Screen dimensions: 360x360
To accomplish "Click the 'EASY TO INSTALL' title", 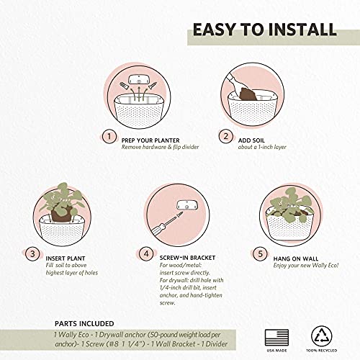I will (264, 30).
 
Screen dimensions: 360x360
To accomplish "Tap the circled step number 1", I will (109, 136).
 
